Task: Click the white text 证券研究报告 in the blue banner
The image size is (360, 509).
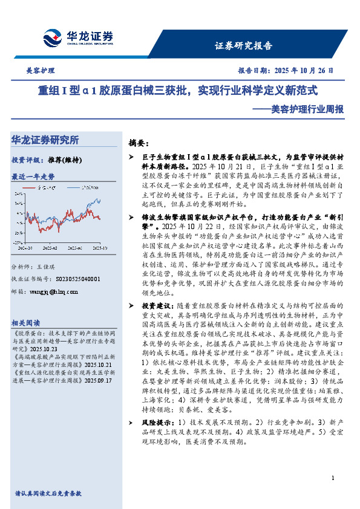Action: pyautogui.click(x=243, y=45)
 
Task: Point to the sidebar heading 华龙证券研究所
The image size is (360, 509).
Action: pyautogui.click(x=45, y=140)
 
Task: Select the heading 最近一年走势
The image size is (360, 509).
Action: pyautogui.click(x=33, y=177)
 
